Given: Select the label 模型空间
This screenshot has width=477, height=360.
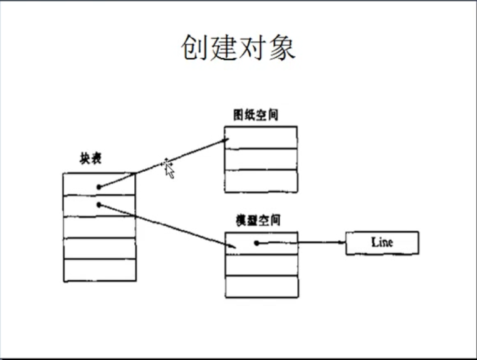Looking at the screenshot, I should [258, 220].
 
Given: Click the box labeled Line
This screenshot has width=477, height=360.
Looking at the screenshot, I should [382, 243].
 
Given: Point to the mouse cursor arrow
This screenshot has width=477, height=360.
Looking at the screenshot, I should [168, 168].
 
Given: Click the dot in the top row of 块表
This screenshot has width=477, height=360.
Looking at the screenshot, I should [99, 187].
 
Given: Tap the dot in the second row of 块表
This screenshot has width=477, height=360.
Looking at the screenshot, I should [99, 204].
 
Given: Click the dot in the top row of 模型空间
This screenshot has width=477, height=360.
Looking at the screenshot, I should [257, 243].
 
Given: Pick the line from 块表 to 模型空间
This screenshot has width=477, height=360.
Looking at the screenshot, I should [169, 226].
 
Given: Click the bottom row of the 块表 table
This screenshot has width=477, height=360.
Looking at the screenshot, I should [99, 270].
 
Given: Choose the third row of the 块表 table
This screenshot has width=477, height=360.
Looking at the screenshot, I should [99, 227].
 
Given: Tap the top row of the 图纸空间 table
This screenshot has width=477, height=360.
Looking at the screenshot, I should [261, 137].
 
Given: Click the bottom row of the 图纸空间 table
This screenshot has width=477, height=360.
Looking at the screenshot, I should [261, 181].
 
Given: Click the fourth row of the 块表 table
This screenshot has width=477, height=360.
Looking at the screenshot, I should [99, 248].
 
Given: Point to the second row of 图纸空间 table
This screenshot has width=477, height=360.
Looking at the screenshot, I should [261, 159].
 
